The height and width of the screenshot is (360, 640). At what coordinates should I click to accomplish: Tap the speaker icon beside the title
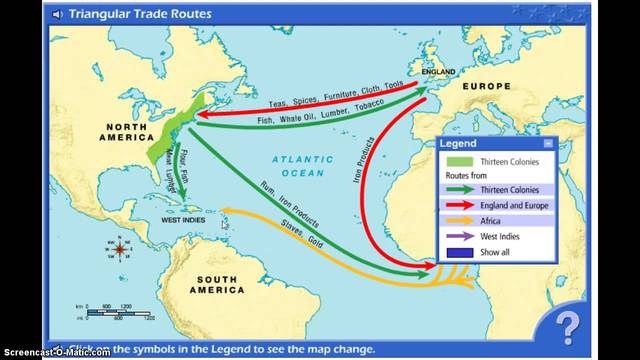pos(56,14)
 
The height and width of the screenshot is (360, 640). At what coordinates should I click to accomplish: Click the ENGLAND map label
pos(438,72)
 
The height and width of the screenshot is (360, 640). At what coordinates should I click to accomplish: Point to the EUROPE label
pos(487,88)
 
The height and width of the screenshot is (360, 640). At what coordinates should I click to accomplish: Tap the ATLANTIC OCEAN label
pos(302,165)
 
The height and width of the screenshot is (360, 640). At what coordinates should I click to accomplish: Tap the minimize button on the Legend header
pos(547,144)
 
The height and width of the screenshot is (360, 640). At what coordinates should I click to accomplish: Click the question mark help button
pos(567,325)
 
